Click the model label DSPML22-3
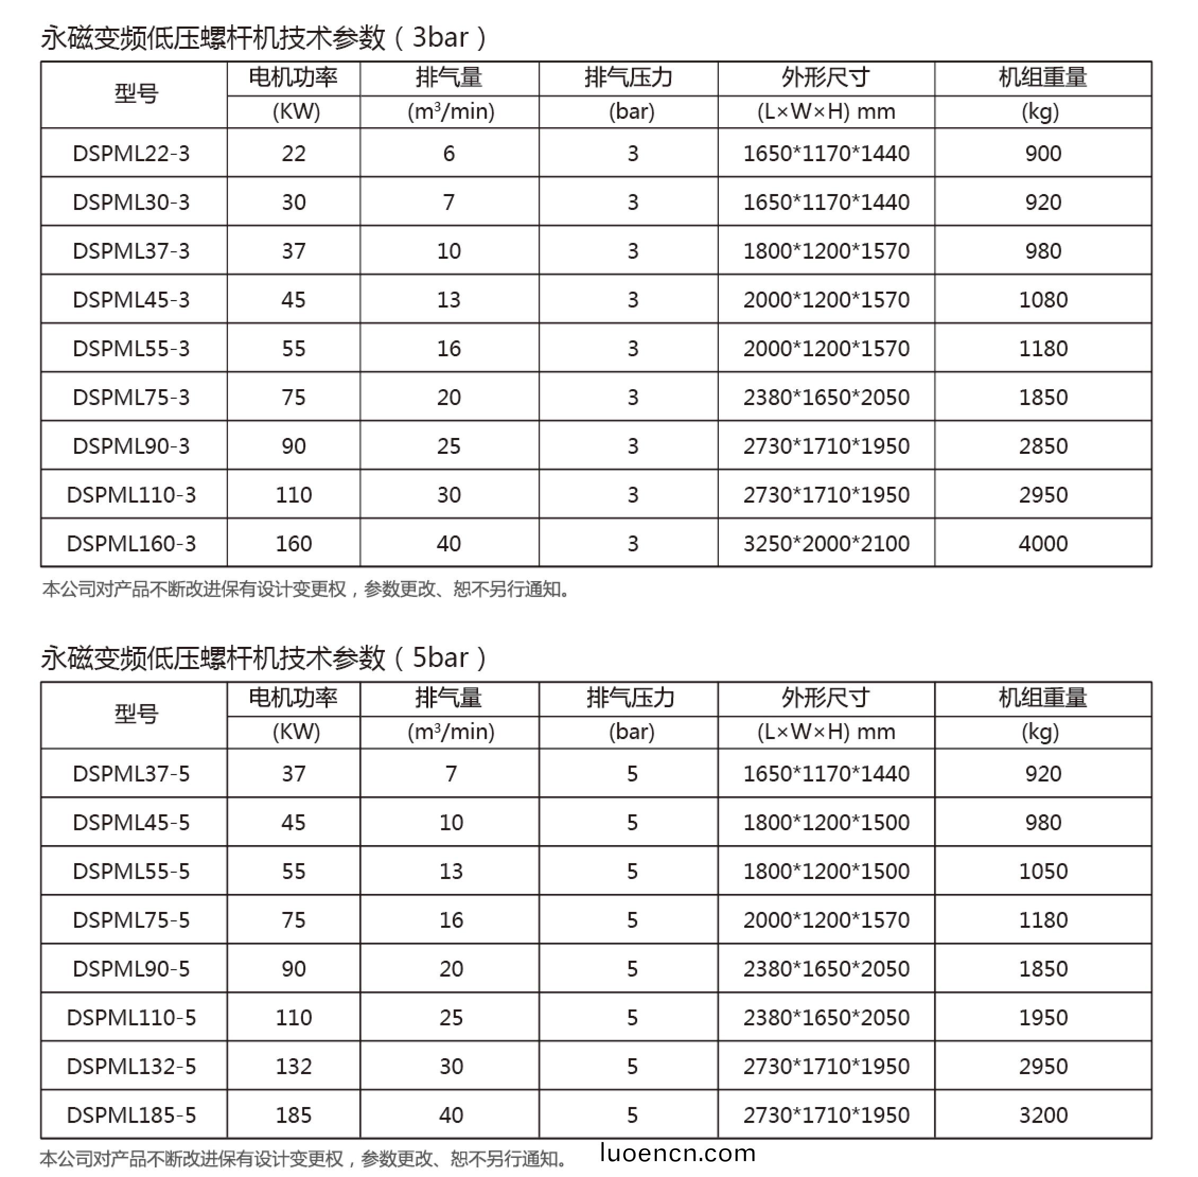pyautogui.click(x=131, y=153)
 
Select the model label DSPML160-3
pyautogui.click(x=131, y=543)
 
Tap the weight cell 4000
pyautogui.click(x=1043, y=543)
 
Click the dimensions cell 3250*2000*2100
pyautogui.click(x=826, y=543)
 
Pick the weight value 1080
pyautogui.click(x=1043, y=300)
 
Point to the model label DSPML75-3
pyautogui.click(x=131, y=397)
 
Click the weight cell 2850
pyautogui.click(x=1043, y=446)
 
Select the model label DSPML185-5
pyautogui.click(x=131, y=1114)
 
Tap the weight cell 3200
pyautogui.click(x=1043, y=1114)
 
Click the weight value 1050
pyautogui.click(x=1043, y=871)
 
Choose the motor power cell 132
pyautogui.click(x=294, y=1066)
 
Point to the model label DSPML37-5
pyautogui.click(x=131, y=774)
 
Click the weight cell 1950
pyautogui.click(x=1043, y=1017)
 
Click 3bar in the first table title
pyautogui.click(x=440, y=38)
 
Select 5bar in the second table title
pyautogui.click(x=440, y=658)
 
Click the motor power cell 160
pyautogui.click(x=294, y=543)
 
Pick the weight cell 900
pyautogui.click(x=1043, y=153)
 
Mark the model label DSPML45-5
pyautogui.click(x=131, y=822)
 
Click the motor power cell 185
pyautogui.click(x=294, y=1114)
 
